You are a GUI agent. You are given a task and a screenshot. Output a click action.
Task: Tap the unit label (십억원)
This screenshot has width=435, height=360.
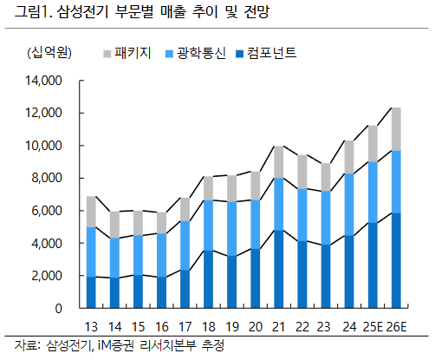click(42, 54)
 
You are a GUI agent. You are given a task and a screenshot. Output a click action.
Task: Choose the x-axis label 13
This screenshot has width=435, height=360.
click(90, 327)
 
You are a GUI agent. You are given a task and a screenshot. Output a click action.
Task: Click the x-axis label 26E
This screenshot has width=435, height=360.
click(396, 327)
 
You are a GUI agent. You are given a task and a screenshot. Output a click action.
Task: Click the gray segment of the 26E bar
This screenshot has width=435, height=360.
click(396, 128)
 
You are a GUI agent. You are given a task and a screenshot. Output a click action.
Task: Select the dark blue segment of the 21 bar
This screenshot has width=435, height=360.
click(279, 269)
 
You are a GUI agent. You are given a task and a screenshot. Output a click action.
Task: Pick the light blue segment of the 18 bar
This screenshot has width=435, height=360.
click(208, 226)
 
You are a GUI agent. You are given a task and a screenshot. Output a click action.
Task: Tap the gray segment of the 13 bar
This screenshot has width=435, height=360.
click(90, 212)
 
